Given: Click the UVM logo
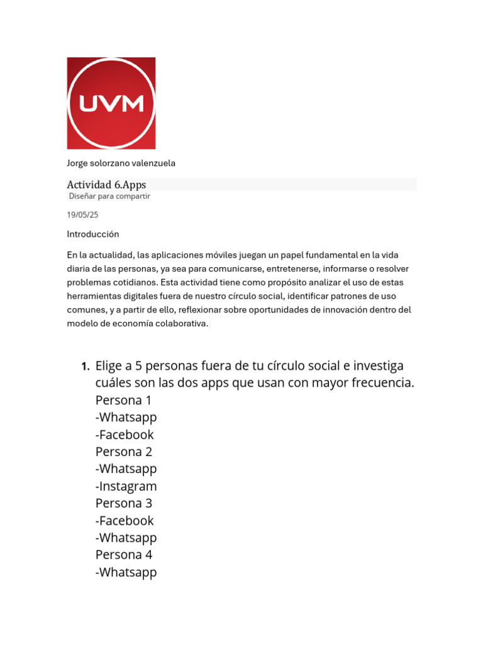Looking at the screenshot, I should [x=111, y=103].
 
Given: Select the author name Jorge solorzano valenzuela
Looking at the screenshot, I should [x=121, y=163].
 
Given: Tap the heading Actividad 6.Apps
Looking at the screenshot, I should [x=107, y=185].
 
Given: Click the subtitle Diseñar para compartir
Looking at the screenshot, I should [x=109, y=196].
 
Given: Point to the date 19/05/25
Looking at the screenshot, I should [x=83, y=215].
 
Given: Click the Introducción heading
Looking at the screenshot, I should [x=93, y=234].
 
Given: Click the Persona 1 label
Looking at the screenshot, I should [x=124, y=400].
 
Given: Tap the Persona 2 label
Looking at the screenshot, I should [x=124, y=452].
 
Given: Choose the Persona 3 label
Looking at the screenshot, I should [x=124, y=503].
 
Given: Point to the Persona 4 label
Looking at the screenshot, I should [x=124, y=555].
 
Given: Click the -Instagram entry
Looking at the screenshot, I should [x=126, y=486].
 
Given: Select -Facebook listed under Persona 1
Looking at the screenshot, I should [x=125, y=435].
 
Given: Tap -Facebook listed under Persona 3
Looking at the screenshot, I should [x=125, y=520].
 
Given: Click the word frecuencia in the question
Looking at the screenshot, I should [x=381, y=383].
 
